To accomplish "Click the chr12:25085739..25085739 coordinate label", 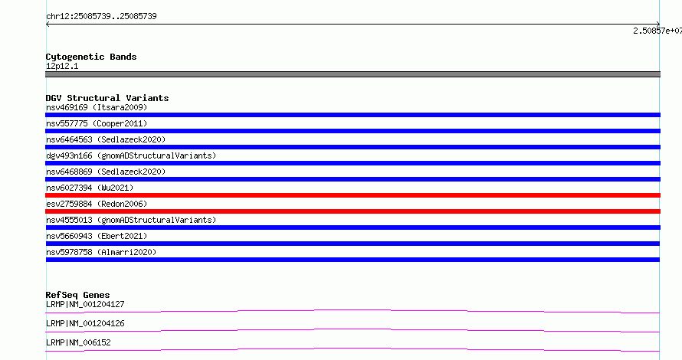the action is point(101,17).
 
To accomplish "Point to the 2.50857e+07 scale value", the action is point(657,31).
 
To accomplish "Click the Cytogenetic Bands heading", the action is point(91,57).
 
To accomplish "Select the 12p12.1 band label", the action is point(62,66).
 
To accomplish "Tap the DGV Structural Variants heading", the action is point(107,98).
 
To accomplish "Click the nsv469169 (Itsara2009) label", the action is point(97,107).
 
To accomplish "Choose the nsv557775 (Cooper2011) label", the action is point(97,123).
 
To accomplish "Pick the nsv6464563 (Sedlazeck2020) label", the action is point(106,139).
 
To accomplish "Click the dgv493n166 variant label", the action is point(131,155).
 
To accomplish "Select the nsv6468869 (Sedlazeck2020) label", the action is point(106,172).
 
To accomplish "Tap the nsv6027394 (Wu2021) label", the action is point(90,188).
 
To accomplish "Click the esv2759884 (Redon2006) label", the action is point(97,204).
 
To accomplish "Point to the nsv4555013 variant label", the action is point(131,220).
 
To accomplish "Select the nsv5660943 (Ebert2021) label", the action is point(97,236).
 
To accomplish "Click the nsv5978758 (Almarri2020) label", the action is point(101,252).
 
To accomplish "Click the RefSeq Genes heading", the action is point(77,295).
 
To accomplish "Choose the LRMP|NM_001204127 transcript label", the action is point(85,304).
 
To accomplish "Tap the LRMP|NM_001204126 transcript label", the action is point(85,323).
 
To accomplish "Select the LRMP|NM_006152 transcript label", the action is point(78,342).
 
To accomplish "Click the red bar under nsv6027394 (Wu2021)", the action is point(352,195).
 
